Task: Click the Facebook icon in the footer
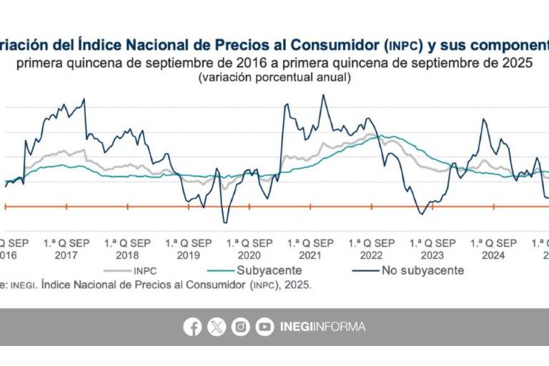[192, 327]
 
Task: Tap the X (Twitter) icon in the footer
[217, 327]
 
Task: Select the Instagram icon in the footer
[241, 327]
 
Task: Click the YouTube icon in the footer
[264, 327]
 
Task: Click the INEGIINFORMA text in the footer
[322, 327]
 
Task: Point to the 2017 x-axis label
[66, 255]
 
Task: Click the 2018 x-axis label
[127, 255]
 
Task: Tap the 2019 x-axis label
[188, 255]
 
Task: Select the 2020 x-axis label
[249, 255]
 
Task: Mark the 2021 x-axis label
[310, 255]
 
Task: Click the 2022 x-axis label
[371, 255]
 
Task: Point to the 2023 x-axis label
[432, 255]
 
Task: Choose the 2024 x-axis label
[493, 255]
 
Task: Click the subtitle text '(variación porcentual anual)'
[274, 77]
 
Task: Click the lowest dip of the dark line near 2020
[224, 222]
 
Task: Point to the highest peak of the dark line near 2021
[322, 95]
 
